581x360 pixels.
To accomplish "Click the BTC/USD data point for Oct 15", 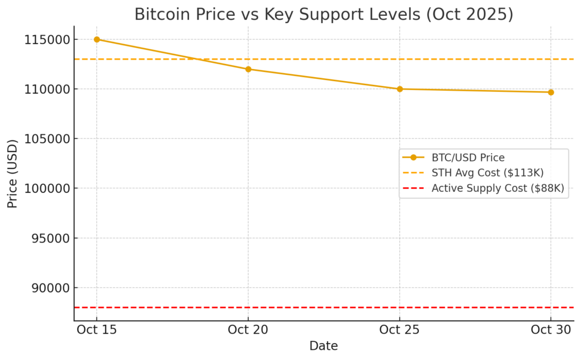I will (x=96, y=39).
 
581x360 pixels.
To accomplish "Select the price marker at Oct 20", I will (x=248, y=69).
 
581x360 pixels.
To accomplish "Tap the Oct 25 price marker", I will (x=399, y=89).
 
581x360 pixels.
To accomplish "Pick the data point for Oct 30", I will (x=551, y=92).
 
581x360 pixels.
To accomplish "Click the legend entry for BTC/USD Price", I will (x=468, y=158).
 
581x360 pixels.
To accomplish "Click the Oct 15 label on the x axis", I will (x=96, y=330).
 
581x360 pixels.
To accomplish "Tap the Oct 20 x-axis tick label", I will (x=248, y=330).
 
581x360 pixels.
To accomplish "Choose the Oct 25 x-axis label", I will (x=399, y=330).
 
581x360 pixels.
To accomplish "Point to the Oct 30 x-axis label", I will (x=551, y=330).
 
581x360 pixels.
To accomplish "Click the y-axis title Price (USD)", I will (x=12, y=173).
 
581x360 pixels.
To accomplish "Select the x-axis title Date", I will (x=323, y=346).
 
